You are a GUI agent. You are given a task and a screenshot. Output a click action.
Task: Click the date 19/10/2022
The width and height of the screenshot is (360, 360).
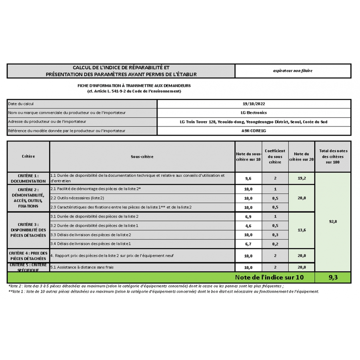click(x=254, y=104)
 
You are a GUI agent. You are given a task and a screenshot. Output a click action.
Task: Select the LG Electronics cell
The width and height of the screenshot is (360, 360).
click(x=254, y=113)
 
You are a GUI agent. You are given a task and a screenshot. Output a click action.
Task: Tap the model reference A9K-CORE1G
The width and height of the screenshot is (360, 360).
click(x=254, y=130)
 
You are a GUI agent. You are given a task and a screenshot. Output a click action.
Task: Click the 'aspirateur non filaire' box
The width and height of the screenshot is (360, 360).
click(x=293, y=71)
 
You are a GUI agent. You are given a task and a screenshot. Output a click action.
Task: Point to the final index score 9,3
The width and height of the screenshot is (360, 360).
click(x=333, y=277)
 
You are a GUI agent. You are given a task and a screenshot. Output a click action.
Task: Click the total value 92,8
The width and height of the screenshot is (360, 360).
click(x=333, y=221)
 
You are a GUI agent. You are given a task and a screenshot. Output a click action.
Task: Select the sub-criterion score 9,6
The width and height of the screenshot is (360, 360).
click(x=248, y=178)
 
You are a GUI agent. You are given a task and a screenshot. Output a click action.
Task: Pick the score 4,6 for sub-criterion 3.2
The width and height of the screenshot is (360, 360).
click(x=248, y=226)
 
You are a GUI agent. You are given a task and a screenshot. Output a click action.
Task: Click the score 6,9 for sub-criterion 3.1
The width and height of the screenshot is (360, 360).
click(x=248, y=216)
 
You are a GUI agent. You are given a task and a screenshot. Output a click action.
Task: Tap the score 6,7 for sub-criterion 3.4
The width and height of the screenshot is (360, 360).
click(x=248, y=244)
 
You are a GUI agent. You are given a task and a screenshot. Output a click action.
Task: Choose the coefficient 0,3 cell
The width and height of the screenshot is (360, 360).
click(x=275, y=235)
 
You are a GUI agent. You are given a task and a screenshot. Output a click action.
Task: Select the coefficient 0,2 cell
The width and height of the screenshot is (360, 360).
click(x=275, y=244)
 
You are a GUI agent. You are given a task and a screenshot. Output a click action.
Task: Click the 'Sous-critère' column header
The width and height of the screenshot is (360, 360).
click(x=142, y=157)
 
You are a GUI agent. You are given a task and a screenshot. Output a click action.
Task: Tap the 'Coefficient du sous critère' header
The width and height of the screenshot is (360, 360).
click(x=275, y=157)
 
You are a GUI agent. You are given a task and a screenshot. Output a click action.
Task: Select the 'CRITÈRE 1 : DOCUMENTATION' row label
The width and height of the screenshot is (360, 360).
click(x=28, y=178)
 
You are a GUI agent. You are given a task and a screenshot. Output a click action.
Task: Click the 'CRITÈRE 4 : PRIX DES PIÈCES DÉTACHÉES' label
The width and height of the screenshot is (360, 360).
click(x=28, y=256)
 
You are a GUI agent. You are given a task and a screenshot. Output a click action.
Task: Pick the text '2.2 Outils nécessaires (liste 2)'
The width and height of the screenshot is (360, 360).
click(x=78, y=198)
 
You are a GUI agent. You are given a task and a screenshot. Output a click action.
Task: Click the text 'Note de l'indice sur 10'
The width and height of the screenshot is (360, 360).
click(x=269, y=277)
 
